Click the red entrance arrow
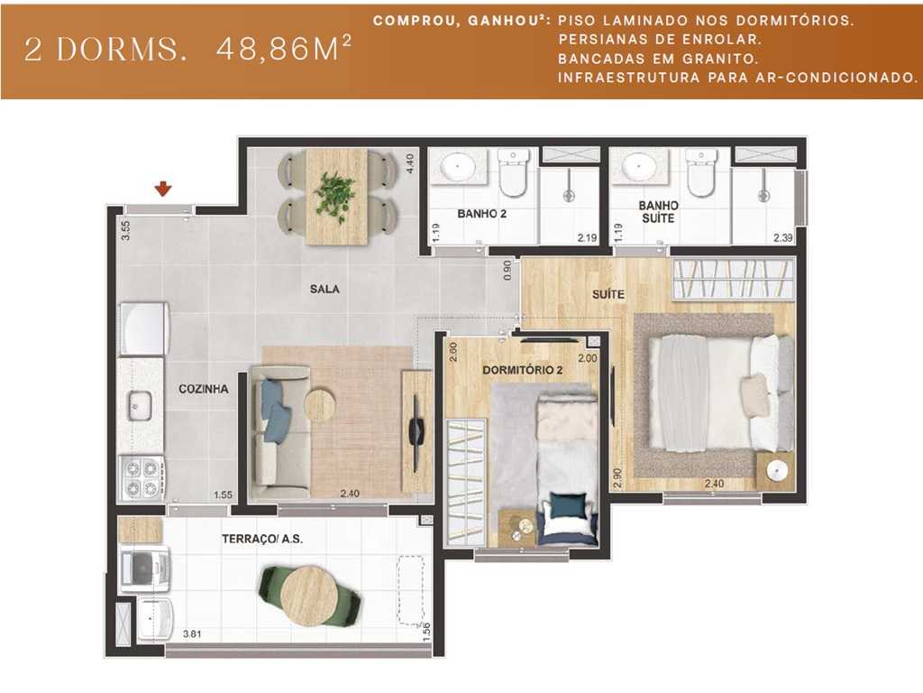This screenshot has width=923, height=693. pos(163,189)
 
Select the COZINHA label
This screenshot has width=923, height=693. pos(203,389)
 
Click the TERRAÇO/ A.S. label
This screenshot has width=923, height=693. pos(261,539)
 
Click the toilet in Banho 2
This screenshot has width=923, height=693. pos(513,171)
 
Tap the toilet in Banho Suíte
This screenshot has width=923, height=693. pos(701,171)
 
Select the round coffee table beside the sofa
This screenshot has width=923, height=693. pos(320,405)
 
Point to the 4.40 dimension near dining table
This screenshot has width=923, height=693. pos(410,164)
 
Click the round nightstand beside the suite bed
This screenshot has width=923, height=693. pos(775,471)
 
